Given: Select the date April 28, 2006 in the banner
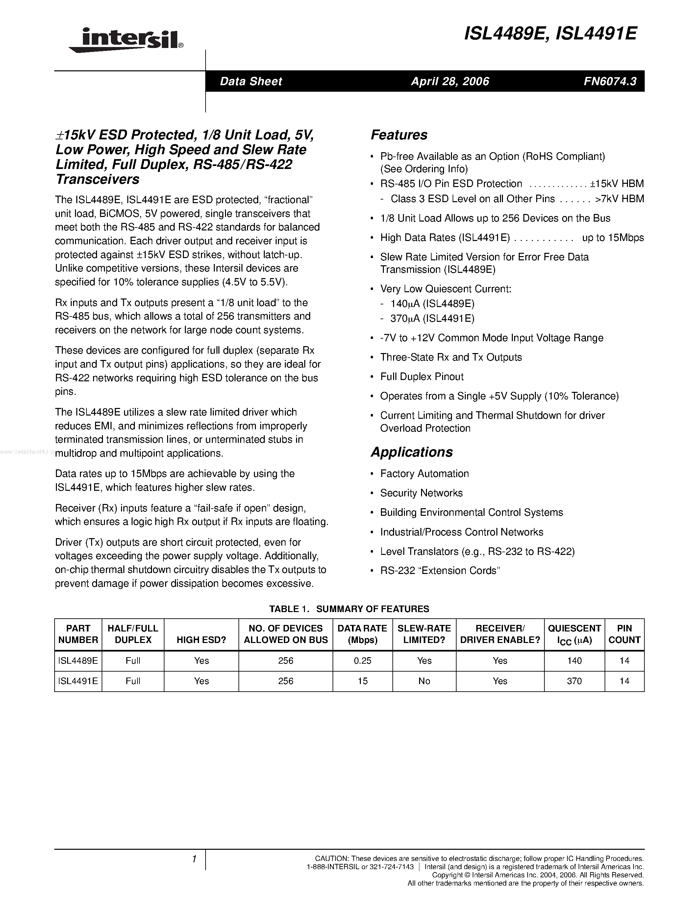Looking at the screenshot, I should [x=450, y=81].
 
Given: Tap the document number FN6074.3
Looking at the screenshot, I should [x=610, y=81].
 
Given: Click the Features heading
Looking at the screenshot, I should [x=399, y=135].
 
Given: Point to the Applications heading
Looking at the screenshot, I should [x=412, y=452].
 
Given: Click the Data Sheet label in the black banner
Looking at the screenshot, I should [x=251, y=81].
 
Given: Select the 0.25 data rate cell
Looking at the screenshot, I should [x=362, y=661].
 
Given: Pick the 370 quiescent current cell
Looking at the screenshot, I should [x=574, y=681].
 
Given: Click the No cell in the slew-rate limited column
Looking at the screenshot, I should [x=424, y=681].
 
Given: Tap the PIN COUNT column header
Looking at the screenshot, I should [x=624, y=634].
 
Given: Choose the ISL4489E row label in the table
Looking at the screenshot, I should [x=78, y=661].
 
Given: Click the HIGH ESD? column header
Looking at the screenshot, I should [x=201, y=640].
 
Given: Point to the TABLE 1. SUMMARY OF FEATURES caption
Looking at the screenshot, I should [x=349, y=609].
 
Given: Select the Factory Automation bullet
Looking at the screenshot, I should [x=424, y=473].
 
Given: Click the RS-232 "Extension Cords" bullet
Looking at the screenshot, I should [x=440, y=570].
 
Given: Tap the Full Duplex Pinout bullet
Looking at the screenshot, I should [x=422, y=377].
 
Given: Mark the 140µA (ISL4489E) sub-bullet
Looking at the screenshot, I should [x=432, y=304].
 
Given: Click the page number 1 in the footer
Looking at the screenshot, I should [x=194, y=859].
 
